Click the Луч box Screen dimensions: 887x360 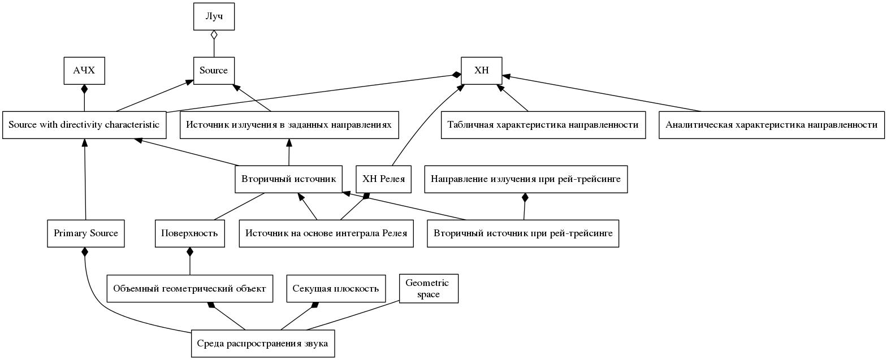click(214, 16)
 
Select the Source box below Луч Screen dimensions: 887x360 click(214, 71)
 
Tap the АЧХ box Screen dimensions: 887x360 click(84, 71)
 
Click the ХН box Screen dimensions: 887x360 click(482, 71)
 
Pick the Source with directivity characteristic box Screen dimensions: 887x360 click(84, 125)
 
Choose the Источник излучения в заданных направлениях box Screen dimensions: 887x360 click(289, 125)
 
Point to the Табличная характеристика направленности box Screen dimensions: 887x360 click(543, 125)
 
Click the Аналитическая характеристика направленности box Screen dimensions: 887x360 click(772, 125)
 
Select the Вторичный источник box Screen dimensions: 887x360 click(289, 179)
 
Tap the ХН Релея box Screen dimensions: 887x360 click(384, 179)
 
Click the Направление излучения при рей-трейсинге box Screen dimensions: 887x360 click(526, 179)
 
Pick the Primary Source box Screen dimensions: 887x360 click(86, 233)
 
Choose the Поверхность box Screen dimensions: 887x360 click(190, 233)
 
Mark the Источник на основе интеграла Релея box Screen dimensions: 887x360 click(326, 233)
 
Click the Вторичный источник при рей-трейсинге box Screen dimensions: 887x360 click(523, 233)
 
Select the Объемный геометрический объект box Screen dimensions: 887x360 click(190, 288)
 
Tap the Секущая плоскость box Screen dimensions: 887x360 click(336, 288)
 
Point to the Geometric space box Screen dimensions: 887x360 click(429, 288)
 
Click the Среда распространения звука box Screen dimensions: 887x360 click(262, 344)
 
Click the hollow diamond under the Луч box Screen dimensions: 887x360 click(214, 35)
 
